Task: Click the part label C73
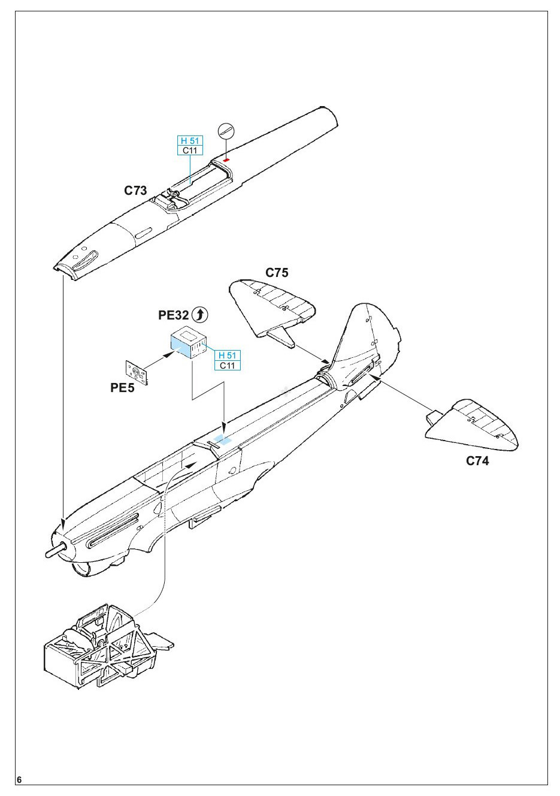tap(135, 191)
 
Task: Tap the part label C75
tap(277, 273)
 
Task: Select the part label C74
tap(477, 461)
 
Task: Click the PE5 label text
tap(122, 387)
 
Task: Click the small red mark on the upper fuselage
tap(226, 160)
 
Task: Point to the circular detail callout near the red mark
tap(226, 130)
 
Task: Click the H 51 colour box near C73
tap(190, 141)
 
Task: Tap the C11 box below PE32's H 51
tap(227, 366)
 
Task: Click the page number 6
tap(20, 780)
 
